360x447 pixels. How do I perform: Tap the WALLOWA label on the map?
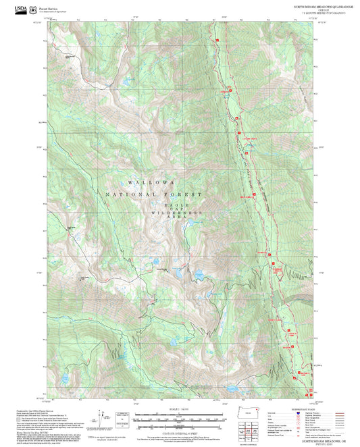click(151, 183)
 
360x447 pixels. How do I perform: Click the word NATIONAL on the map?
click(126, 194)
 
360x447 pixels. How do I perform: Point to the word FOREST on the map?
click(181, 194)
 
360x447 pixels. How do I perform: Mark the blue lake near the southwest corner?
click(66, 379)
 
